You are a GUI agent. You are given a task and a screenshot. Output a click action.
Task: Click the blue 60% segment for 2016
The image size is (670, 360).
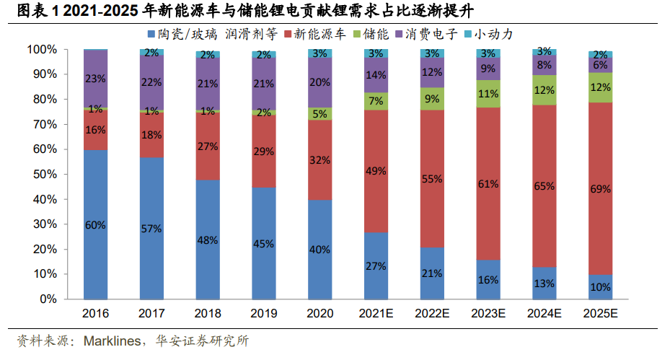(96, 224)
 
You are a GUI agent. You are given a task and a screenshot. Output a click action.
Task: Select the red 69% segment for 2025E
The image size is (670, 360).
(600, 189)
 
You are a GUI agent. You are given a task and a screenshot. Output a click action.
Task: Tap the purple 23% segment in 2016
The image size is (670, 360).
(96, 78)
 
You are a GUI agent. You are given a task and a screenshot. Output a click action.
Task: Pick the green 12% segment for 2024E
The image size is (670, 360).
(544, 89)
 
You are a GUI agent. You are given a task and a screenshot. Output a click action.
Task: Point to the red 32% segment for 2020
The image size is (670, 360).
(319, 159)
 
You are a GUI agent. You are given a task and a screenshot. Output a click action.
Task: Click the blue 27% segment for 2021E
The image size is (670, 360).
(376, 265)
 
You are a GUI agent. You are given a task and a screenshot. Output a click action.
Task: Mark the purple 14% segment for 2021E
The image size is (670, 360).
(376, 75)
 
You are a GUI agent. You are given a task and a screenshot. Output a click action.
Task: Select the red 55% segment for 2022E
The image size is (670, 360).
(432, 179)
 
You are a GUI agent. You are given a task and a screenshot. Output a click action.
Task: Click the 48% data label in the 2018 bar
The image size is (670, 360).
(208, 240)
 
